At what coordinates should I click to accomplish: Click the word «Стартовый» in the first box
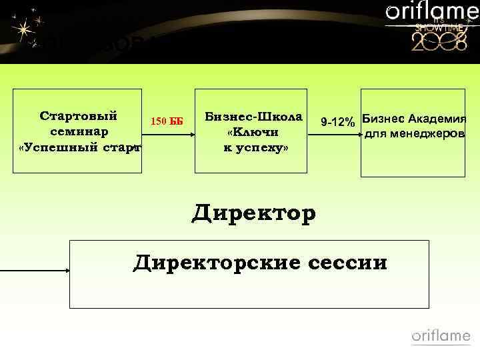pyautogui.click(x=79, y=115)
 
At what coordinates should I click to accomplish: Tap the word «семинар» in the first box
pyautogui.click(x=79, y=131)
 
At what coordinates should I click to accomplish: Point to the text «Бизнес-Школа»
pyautogui.click(x=253, y=115)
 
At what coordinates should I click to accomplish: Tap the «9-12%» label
pyautogui.click(x=337, y=123)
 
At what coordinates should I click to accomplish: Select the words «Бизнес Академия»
pyautogui.click(x=414, y=119)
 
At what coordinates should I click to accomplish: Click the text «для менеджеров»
pyautogui.click(x=415, y=134)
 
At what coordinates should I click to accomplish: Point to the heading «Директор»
pyautogui.click(x=253, y=214)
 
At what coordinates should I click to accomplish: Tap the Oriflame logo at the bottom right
pyautogui.click(x=441, y=336)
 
